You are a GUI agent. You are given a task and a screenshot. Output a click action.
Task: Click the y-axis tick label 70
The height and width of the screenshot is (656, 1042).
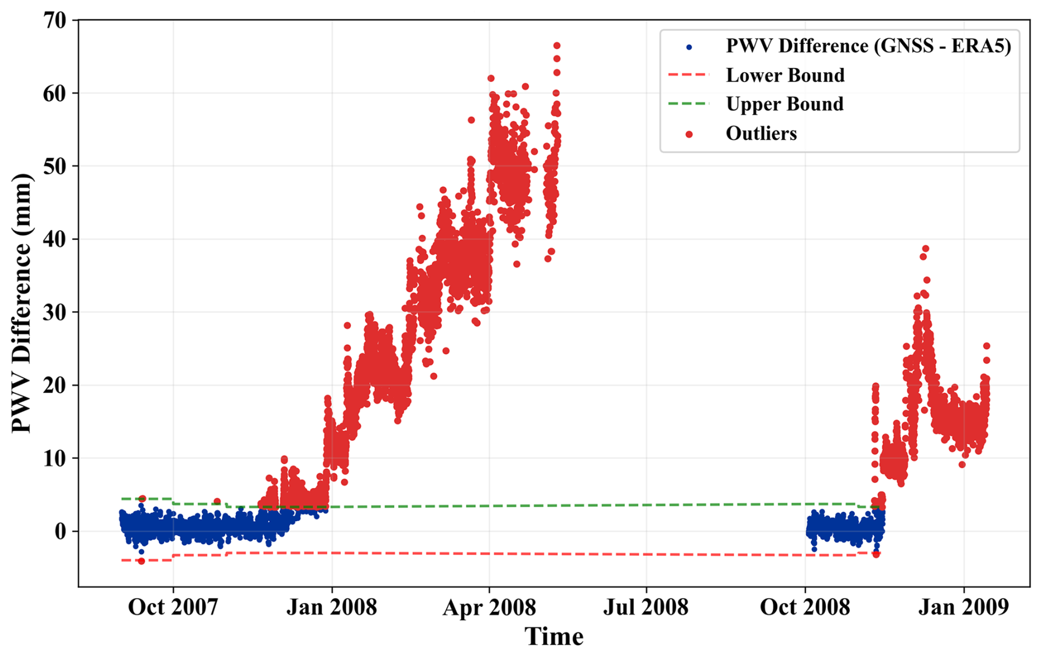click(x=55, y=20)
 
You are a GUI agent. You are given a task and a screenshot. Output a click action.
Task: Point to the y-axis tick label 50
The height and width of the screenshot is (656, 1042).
click(x=55, y=166)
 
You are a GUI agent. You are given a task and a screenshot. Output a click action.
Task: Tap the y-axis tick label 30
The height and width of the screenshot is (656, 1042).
click(x=55, y=312)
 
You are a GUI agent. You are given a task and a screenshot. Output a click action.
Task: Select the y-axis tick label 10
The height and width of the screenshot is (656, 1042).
click(x=55, y=458)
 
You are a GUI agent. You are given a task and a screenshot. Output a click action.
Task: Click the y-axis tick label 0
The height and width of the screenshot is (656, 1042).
click(x=61, y=532)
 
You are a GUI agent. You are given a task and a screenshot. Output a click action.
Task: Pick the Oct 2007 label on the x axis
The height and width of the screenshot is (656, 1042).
click(x=173, y=607)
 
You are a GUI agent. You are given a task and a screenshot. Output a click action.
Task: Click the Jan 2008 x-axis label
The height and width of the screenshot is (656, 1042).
click(x=332, y=607)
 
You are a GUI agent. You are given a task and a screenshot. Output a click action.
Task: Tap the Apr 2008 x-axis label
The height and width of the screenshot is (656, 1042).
click(x=489, y=608)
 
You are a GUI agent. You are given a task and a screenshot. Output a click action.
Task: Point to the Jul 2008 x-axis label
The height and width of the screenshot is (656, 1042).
click(x=646, y=607)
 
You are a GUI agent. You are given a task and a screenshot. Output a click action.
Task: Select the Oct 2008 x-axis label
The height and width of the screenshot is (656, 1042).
click(x=805, y=607)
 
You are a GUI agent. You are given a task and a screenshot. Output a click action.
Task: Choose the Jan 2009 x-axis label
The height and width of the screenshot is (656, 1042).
click(x=963, y=607)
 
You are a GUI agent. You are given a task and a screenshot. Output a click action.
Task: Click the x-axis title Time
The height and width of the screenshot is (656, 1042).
click(x=553, y=637)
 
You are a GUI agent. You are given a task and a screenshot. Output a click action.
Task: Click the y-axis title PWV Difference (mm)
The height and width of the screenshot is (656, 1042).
click(x=22, y=303)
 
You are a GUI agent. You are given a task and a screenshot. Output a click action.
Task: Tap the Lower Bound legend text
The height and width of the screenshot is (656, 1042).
click(x=785, y=75)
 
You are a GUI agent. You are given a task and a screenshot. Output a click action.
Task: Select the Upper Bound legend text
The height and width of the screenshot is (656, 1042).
click(x=784, y=104)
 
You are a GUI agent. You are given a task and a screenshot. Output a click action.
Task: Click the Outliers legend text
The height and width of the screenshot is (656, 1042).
click(x=761, y=133)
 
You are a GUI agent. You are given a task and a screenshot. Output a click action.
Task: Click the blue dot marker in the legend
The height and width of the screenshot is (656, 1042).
click(x=689, y=47)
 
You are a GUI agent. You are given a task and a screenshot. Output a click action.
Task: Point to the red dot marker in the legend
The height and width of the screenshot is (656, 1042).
click(x=689, y=134)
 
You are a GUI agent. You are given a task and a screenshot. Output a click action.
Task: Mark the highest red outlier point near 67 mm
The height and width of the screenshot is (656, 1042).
click(x=557, y=46)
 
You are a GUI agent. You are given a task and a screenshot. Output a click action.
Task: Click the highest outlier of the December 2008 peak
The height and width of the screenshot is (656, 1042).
click(x=925, y=249)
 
